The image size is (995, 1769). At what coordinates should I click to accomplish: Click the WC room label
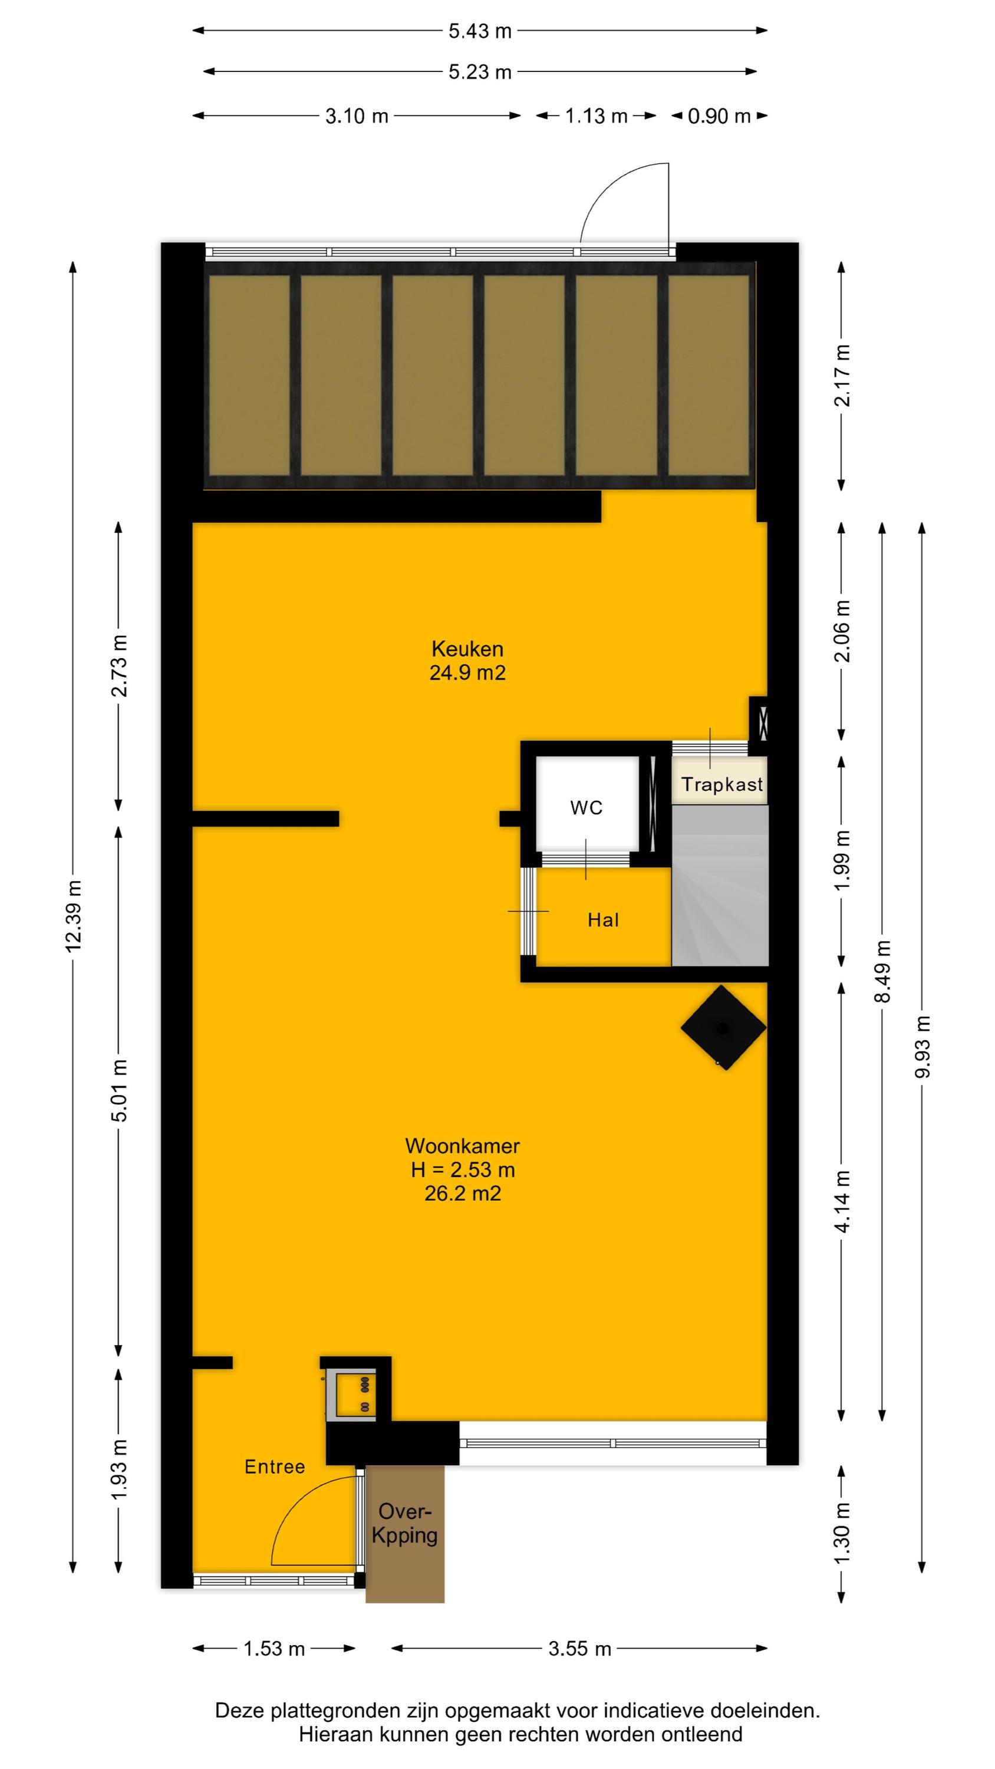586,808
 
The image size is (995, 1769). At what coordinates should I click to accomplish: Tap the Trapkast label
721,784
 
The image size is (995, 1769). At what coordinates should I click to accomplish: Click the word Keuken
467,649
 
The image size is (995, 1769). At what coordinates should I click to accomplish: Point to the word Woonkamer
463,1146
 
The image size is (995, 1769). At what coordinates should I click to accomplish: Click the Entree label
275,1467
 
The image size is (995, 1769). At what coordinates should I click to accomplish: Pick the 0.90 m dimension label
719,117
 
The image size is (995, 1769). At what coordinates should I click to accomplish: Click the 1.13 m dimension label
596,117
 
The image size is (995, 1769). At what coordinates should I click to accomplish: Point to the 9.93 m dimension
923,1047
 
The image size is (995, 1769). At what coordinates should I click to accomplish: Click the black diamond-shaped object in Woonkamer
723,1028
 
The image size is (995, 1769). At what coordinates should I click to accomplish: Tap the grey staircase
720,886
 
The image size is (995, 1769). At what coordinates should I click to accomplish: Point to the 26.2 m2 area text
463,1194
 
